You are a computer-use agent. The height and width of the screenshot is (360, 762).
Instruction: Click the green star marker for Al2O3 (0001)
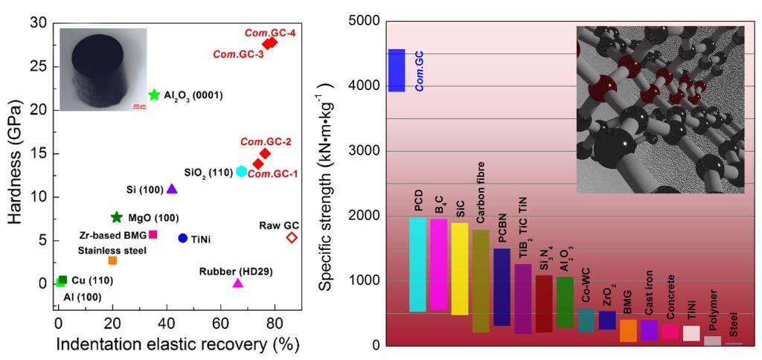coord(154,94)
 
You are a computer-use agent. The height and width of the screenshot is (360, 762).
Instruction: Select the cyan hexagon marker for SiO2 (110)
coord(242,171)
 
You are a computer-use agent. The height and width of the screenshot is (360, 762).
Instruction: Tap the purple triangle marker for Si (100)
coord(172,189)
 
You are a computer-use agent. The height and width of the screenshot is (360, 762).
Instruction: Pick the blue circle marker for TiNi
coord(182,238)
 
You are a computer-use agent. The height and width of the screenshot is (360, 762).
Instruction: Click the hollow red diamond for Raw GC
coord(292,237)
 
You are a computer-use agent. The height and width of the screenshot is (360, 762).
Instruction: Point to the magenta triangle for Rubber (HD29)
coord(238,283)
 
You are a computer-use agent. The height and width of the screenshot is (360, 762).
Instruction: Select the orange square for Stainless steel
coord(112,260)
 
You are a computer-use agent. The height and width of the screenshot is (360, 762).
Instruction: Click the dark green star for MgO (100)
coord(116,217)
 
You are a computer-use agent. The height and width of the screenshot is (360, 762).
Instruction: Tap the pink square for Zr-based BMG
coord(153,234)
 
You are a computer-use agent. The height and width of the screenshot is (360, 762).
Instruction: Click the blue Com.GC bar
coord(397,71)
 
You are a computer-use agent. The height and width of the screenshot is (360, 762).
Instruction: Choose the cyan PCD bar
coord(417,264)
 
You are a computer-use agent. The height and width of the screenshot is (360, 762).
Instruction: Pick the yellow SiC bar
coord(460,269)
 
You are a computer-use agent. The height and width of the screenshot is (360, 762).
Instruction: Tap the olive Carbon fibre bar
coord(481,280)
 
